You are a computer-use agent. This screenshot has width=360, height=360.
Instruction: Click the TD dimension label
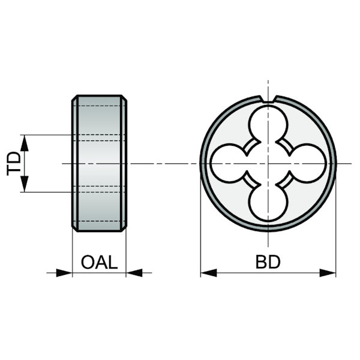click(14, 163)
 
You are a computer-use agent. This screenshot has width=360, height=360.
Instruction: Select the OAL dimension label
click(100, 262)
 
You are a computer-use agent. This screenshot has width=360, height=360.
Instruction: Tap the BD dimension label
click(268, 262)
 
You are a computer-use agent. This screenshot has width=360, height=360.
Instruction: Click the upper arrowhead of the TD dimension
click(25, 143)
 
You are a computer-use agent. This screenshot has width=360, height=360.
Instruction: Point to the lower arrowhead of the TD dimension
click(25, 184)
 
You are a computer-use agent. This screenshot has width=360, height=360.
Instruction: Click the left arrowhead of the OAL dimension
click(64, 273)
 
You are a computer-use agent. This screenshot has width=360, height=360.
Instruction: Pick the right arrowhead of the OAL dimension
click(134, 273)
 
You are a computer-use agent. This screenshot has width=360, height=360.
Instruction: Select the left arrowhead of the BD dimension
click(209, 273)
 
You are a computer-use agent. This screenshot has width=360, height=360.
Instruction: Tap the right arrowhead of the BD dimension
click(328, 273)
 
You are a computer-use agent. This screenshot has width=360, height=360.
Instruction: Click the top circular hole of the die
click(268, 124)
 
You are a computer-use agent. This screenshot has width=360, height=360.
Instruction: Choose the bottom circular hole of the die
click(268, 203)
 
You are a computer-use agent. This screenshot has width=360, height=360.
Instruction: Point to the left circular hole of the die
click(229, 163)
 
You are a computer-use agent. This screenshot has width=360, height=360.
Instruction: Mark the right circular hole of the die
click(307, 163)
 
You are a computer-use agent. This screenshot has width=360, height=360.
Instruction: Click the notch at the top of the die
click(268, 99)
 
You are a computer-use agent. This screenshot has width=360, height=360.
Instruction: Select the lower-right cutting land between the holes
click(284, 180)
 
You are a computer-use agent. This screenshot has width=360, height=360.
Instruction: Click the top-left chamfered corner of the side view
click(74, 98)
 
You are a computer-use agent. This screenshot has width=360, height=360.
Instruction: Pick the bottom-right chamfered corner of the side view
click(124, 229)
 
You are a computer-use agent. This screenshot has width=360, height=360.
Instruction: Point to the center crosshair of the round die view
click(268, 163)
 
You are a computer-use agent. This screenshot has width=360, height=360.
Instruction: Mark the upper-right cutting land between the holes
click(284, 147)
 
